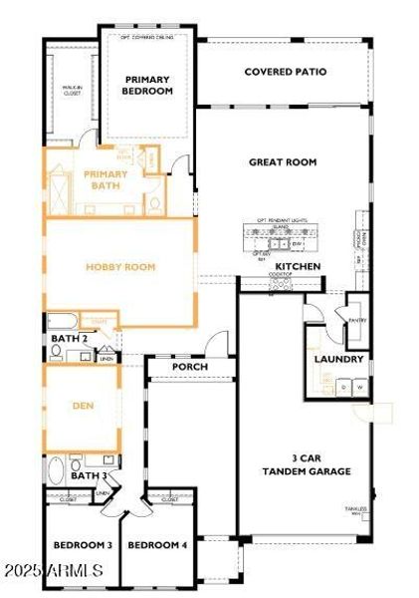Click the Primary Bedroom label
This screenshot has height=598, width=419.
coord(148,85)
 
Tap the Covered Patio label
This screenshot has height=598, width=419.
coord(286,72)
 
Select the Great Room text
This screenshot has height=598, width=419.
coord(282,160)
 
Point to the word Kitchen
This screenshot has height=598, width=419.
coord(298,267)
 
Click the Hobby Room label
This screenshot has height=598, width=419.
coord(119,267)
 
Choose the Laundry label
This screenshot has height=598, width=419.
coord(338,359)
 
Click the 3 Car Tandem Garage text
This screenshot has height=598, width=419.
coord(306,465)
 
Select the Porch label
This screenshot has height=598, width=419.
coord(189,367)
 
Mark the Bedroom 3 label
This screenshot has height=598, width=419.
coord(82,545)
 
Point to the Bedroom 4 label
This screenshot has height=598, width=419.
coord(157,545)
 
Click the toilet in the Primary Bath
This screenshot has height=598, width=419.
coord(154,203)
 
